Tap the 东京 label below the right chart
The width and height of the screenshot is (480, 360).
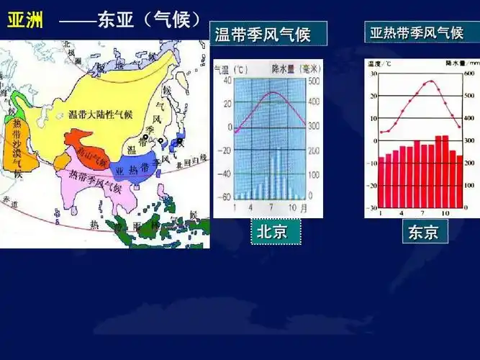(x=423, y=232)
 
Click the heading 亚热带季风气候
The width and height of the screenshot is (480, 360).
(x=416, y=33)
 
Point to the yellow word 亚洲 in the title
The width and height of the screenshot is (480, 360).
(x=24, y=20)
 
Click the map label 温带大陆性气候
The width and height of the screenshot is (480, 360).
(x=100, y=114)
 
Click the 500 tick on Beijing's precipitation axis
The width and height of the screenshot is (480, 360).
(x=312, y=81)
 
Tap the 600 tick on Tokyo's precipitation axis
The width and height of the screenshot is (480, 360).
(x=469, y=74)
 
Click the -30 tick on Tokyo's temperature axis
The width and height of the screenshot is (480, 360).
(x=373, y=208)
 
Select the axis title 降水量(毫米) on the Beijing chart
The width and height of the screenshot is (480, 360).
(x=296, y=68)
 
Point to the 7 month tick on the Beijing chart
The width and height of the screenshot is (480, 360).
(x=271, y=207)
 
